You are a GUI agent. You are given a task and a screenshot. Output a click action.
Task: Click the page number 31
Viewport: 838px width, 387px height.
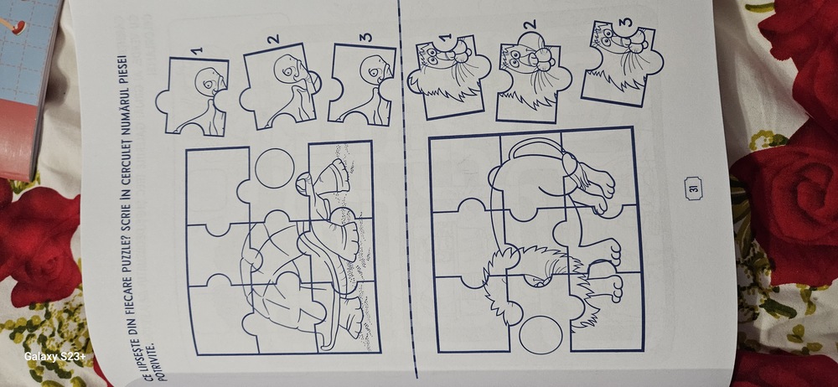click(693, 189)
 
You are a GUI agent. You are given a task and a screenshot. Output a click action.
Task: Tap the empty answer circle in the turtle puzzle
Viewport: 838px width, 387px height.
click(275, 168)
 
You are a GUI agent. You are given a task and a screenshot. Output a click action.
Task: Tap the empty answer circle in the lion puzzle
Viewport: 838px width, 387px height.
click(541, 334)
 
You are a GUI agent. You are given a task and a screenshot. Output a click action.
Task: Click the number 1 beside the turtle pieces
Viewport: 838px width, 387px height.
click(197, 50)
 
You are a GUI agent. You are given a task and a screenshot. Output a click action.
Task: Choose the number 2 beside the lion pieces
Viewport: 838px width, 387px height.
click(530, 24)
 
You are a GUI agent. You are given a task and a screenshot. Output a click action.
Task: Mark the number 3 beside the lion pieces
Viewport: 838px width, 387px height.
click(627, 22)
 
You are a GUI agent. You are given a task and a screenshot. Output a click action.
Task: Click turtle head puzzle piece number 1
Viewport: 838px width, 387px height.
click(194, 96)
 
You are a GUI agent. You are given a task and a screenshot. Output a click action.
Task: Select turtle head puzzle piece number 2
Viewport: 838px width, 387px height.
click(279, 86)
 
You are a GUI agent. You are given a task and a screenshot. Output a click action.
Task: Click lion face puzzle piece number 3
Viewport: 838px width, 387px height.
click(622, 63)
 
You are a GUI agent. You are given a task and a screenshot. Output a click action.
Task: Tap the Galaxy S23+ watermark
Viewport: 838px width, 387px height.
click(54, 357)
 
